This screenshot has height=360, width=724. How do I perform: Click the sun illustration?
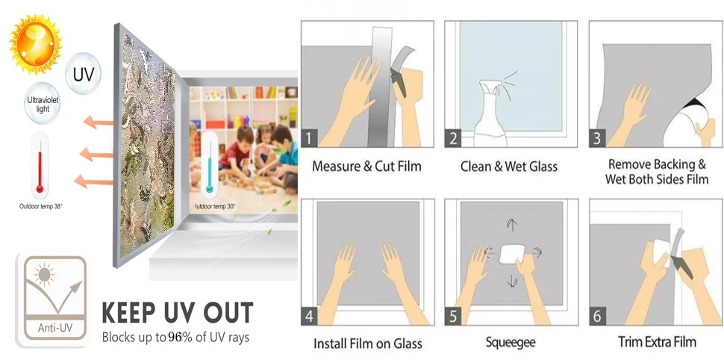click(x=36, y=44)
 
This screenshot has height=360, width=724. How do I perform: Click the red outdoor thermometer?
click(x=40, y=165)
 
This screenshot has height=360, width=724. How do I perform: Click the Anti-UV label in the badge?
click(x=55, y=329)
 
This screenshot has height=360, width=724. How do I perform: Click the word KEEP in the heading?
click(x=128, y=312)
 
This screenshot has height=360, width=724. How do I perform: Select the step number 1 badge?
click(x=309, y=138)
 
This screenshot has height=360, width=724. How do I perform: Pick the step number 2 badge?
click(x=453, y=138)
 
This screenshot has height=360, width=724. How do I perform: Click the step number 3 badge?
click(x=597, y=138)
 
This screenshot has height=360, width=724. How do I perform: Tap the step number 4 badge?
click(x=309, y=317)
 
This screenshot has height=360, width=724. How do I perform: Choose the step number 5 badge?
click(x=453, y=317)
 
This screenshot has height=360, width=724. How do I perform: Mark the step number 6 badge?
click(x=597, y=317)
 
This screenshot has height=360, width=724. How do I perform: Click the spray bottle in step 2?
click(x=492, y=113)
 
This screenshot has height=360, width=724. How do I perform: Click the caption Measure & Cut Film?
click(x=366, y=167)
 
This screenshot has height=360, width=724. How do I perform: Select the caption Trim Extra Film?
click(x=657, y=342)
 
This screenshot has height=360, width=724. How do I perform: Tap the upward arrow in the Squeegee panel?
click(x=511, y=225)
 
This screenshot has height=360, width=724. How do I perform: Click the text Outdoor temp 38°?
click(x=40, y=207)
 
